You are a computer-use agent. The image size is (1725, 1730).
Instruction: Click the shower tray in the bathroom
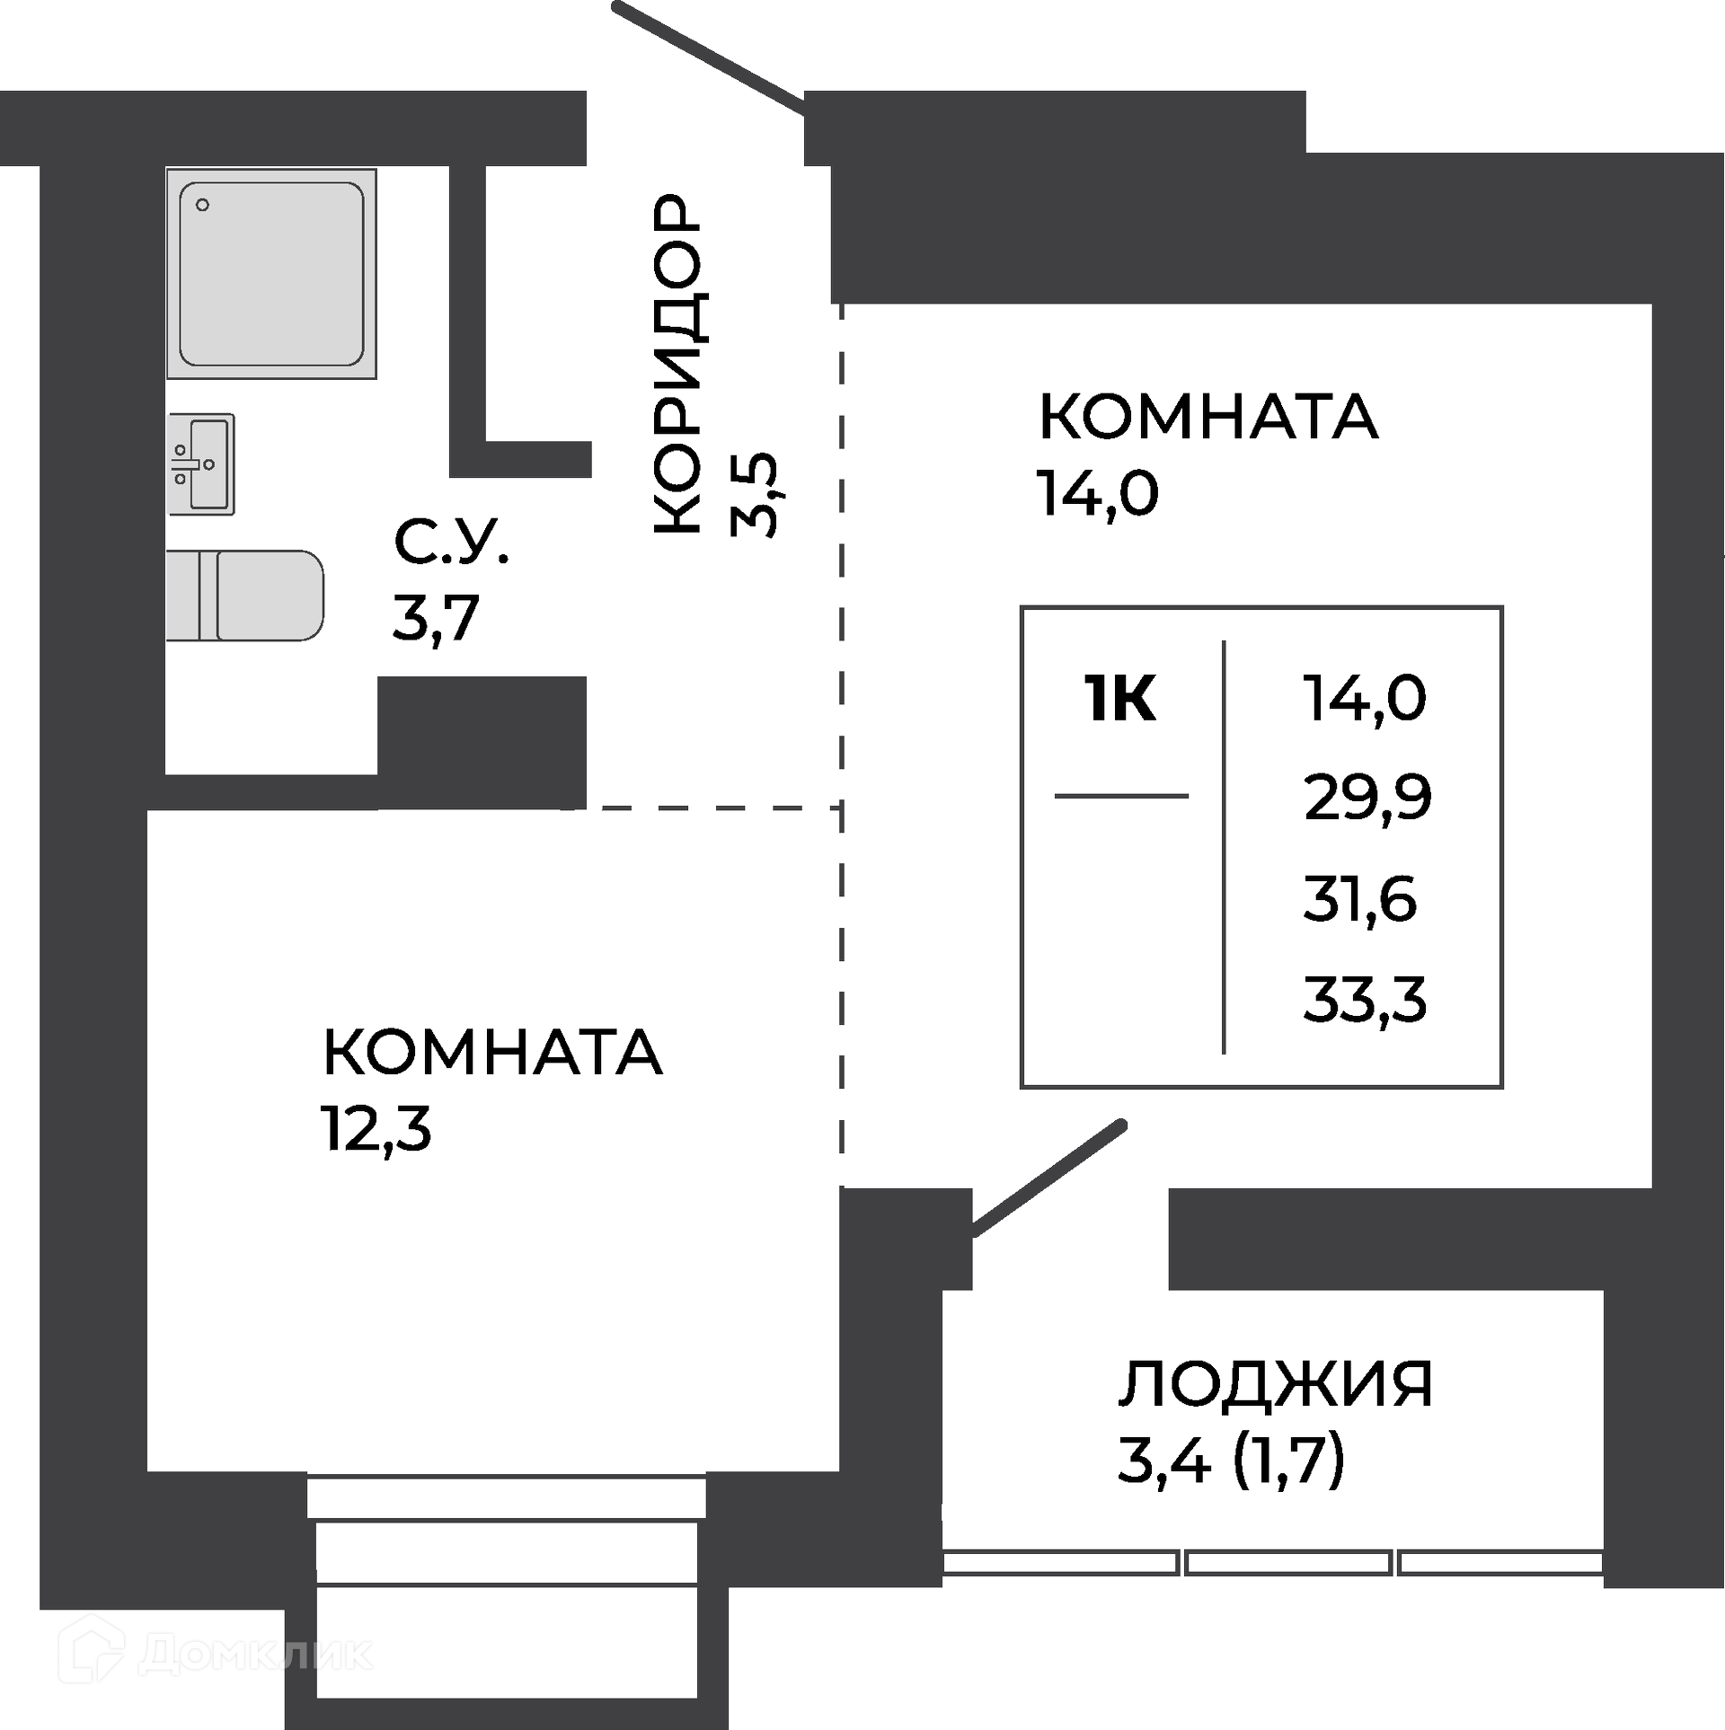(x=271, y=274)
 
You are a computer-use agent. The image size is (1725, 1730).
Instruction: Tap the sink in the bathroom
(x=201, y=463)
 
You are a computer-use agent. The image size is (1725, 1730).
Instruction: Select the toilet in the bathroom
(x=245, y=596)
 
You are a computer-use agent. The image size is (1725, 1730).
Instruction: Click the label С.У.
(x=451, y=543)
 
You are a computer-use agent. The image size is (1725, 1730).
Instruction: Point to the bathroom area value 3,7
(x=436, y=619)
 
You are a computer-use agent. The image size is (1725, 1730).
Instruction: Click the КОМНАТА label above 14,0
(x=1207, y=417)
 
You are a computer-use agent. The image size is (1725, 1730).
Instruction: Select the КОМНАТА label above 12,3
(x=492, y=1053)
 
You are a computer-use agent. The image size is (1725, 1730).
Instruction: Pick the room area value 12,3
(x=376, y=1129)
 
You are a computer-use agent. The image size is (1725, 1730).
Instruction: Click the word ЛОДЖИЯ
(x=1275, y=1384)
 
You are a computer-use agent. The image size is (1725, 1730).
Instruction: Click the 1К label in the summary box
(x=1120, y=700)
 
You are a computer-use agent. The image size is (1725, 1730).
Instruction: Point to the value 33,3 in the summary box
(x=1365, y=1000)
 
